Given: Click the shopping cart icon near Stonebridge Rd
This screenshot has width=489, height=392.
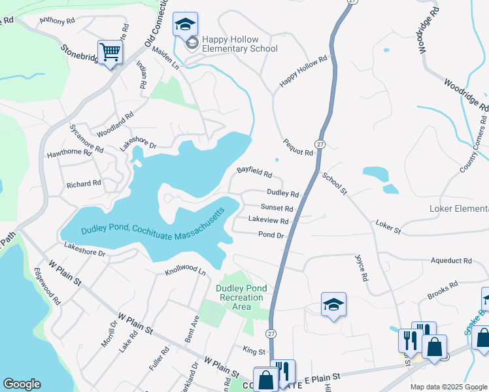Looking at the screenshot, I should pyautogui.click(x=110, y=52).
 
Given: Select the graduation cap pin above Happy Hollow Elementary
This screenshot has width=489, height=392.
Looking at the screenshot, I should pyautogui.click(x=185, y=25).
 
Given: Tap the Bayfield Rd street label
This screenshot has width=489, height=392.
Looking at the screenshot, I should pyautogui.click(x=254, y=173).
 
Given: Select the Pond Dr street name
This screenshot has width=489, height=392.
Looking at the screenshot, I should pyautogui.click(x=271, y=235).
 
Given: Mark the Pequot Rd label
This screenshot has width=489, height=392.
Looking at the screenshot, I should pyautogui.click(x=298, y=147).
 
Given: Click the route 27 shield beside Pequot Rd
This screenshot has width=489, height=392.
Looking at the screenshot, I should pyautogui.click(x=320, y=144).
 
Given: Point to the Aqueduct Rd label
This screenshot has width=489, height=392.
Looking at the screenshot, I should pyautogui.click(x=451, y=260).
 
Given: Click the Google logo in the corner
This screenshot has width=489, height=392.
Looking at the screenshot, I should pyautogui.click(x=22, y=384).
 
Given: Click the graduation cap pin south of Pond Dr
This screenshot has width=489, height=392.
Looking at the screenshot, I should pyautogui.click(x=333, y=304).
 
